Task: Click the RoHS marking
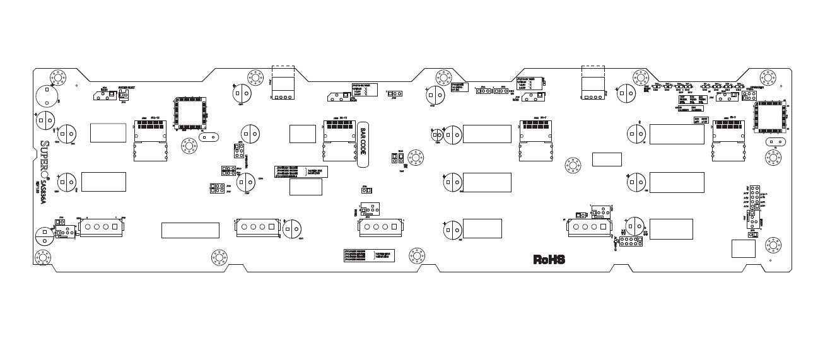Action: pyautogui.click(x=549, y=259)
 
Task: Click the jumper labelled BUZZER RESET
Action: pyautogui.click(x=122, y=95)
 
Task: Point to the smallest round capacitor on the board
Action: pyautogui.click(x=436, y=135)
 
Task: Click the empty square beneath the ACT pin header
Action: pyautogui.click(x=743, y=248)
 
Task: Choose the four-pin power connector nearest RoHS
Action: pyautogui.click(x=586, y=228)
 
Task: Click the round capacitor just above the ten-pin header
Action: pyautogui.click(x=635, y=227)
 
